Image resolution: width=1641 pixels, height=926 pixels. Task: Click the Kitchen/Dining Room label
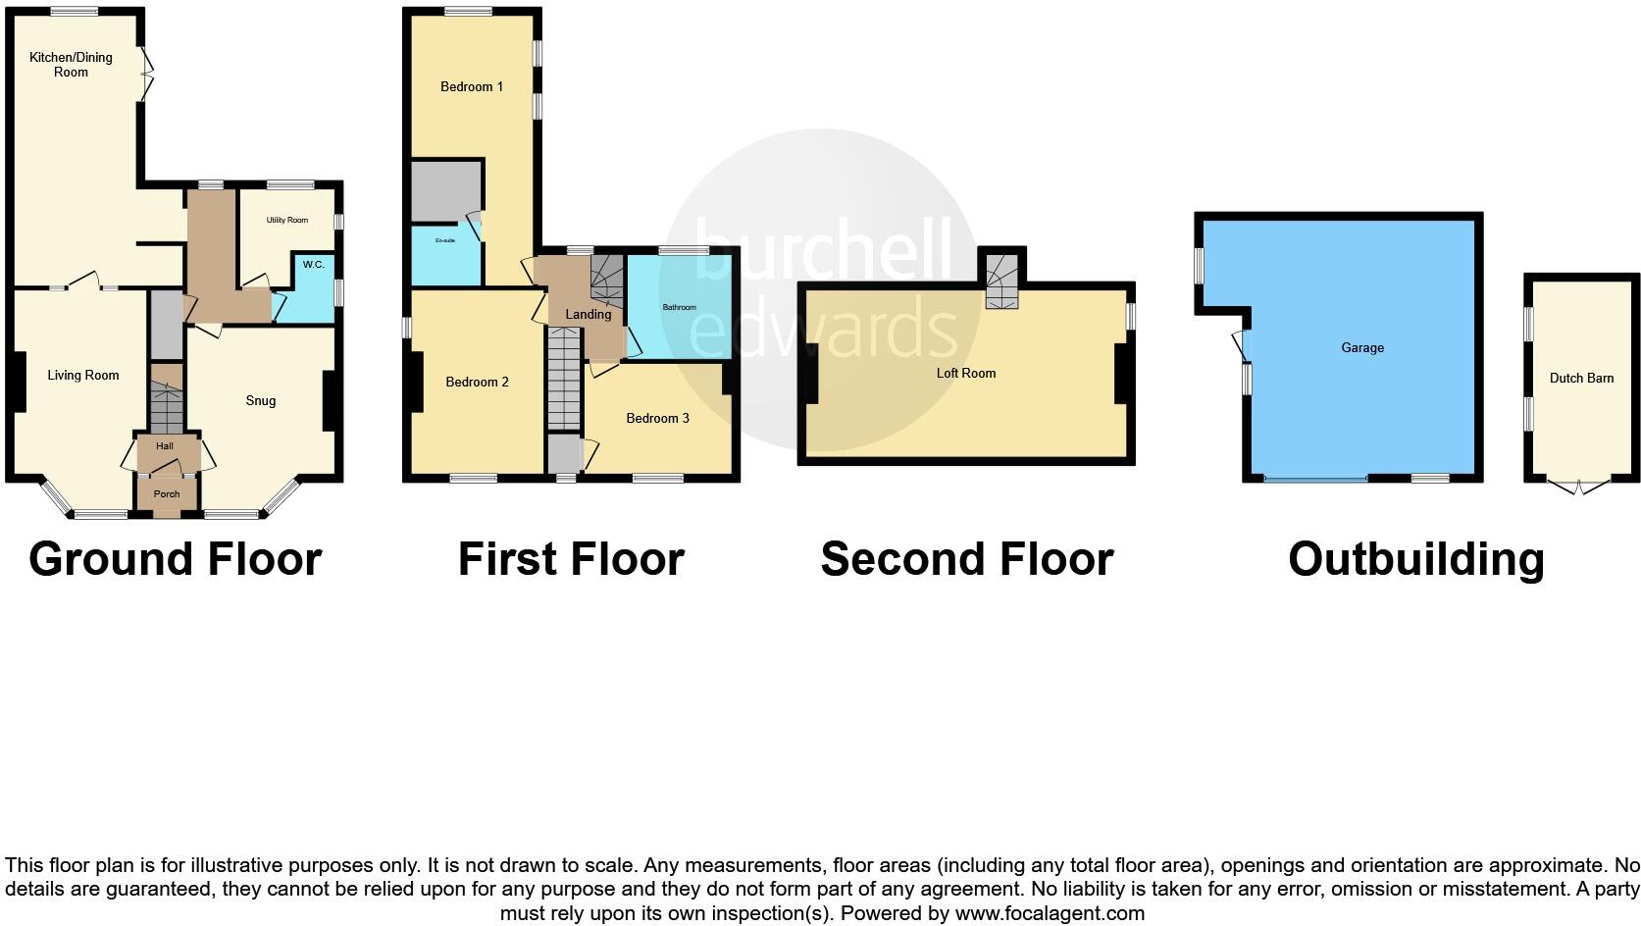click(71, 65)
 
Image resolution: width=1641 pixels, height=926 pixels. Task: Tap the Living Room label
click(83, 375)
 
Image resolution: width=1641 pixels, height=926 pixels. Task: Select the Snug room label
click(261, 400)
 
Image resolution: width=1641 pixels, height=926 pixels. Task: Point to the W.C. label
click(313, 265)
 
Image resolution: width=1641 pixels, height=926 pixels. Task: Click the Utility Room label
click(287, 220)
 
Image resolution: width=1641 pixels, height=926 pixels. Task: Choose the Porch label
click(167, 493)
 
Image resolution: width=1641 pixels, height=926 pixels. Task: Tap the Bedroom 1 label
click(472, 86)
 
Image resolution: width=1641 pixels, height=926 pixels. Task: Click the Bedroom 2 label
click(478, 382)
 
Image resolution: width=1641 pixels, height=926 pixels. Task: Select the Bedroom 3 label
click(657, 418)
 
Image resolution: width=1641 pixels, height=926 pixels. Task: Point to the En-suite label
click(445, 240)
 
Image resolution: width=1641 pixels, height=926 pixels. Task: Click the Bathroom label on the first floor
click(679, 307)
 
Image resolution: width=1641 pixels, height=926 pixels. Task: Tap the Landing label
click(589, 314)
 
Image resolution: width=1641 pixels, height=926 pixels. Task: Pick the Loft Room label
click(966, 373)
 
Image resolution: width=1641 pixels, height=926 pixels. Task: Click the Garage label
click(1362, 347)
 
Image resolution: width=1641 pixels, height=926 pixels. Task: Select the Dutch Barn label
click(1581, 378)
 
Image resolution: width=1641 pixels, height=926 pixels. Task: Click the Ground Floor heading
click(176, 559)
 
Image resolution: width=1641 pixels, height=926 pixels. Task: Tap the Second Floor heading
click(967, 559)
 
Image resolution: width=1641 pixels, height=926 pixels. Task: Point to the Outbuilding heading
click(1416, 559)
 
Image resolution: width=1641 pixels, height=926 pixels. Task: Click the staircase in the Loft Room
click(1001, 281)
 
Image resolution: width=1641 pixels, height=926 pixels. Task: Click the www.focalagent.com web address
click(1050, 913)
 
